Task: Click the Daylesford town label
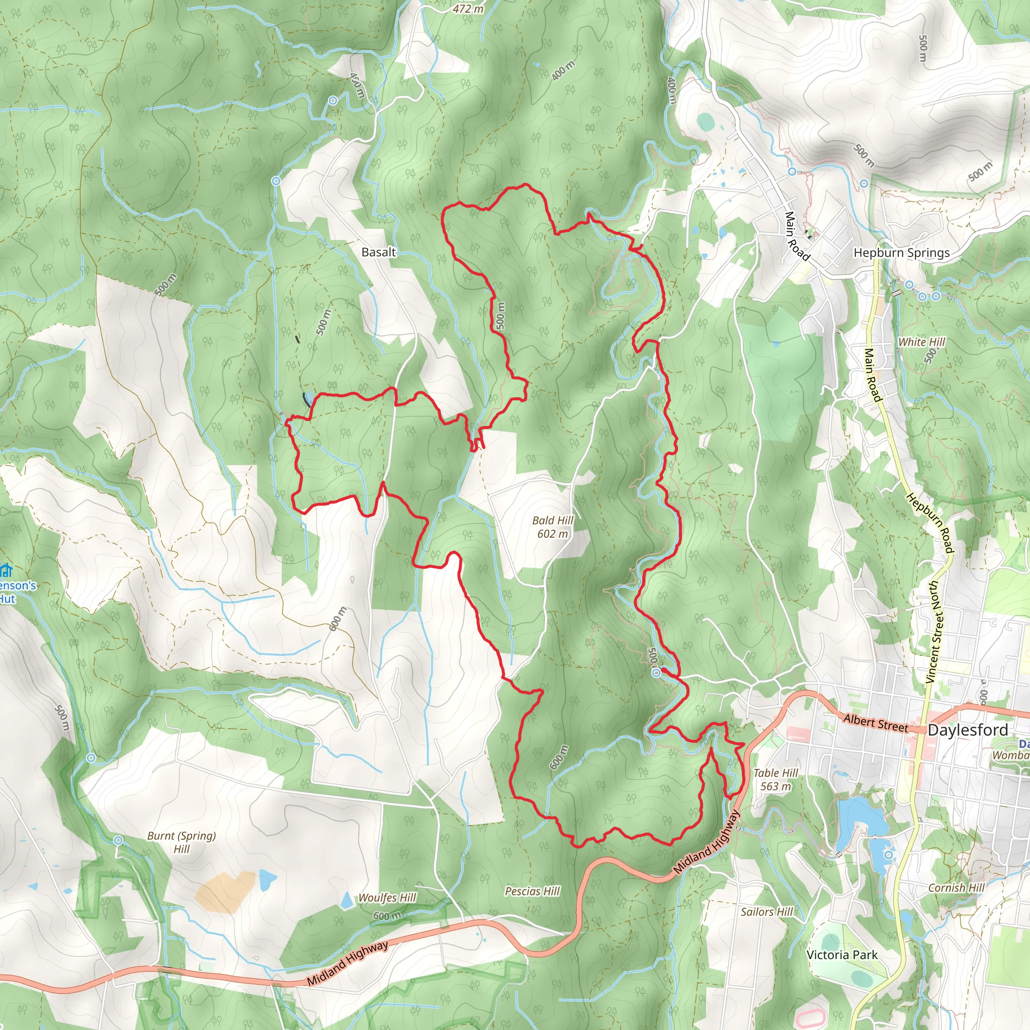click(x=968, y=730)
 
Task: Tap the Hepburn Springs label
click(x=902, y=252)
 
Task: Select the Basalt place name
click(x=379, y=252)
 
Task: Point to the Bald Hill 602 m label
click(x=553, y=527)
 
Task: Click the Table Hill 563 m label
click(x=775, y=780)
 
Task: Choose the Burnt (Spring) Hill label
click(x=181, y=842)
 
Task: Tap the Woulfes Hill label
click(x=387, y=897)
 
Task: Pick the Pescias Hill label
click(x=532, y=891)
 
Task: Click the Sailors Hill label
click(x=766, y=912)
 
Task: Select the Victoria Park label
click(x=842, y=955)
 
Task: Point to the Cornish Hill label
click(x=957, y=888)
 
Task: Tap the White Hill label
click(x=921, y=341)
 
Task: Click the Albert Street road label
click(x=876, y=722)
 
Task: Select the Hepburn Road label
click(x=930, y=524)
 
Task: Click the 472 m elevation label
click(x=468, y=9)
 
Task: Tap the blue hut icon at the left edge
click(x=6, y=571)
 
